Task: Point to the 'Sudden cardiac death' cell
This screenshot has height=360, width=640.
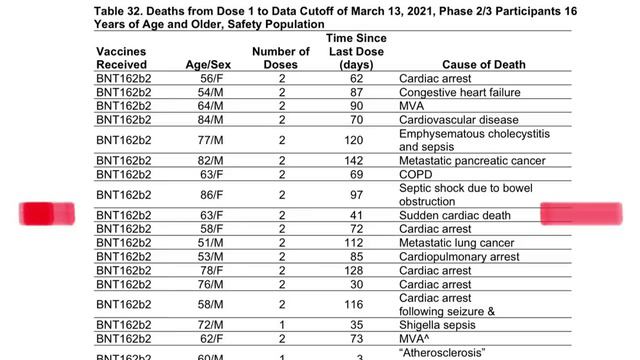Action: pyautogui.click(x=454, y=215)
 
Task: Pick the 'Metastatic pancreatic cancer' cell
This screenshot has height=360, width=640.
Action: pyautogui.click(x=471, y=160)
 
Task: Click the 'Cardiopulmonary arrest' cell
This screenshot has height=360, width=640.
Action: pyautogui.click(x=458, y=256)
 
